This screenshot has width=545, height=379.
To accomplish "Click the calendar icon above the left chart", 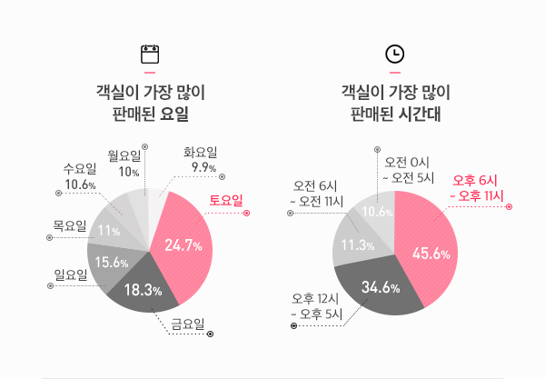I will (x=150, y=54).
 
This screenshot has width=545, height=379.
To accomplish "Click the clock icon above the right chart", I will (x=395, y=54).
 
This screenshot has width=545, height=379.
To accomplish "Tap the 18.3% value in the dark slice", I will (x=143, y=291).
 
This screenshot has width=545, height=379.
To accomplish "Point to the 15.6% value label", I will (x=112, y=262).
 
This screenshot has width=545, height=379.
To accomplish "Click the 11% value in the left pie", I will (x=109, y=230).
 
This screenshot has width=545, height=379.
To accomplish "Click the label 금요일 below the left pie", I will (x=188, y=323).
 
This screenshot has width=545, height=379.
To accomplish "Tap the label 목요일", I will (x=70, y=224).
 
